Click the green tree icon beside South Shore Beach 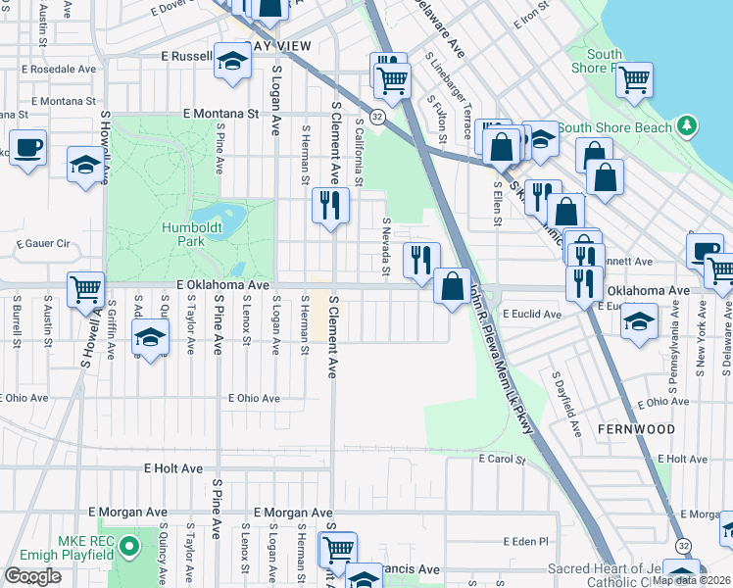[688, 125]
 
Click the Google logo [32, 576]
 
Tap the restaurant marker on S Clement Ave [330, 206]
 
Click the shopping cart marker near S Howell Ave [85, 289]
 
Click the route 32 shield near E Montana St [376, 116]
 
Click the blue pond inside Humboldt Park [218, 217]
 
